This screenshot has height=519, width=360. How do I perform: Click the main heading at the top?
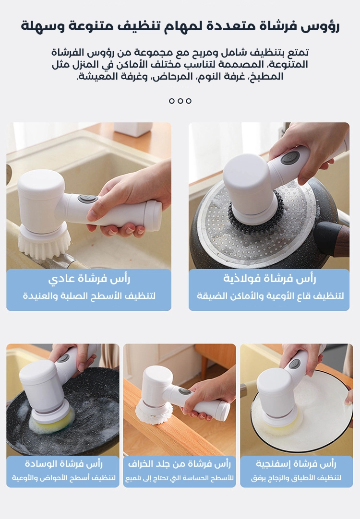pyautogui.click(x=180, y=26)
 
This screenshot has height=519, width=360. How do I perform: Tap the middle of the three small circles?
pyautogui.click(x=180, y=101)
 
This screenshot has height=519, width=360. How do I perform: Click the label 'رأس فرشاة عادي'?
pyautogui.click(x=89, y=279)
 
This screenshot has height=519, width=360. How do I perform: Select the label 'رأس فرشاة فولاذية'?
pyautogui.click(x=269, y=279)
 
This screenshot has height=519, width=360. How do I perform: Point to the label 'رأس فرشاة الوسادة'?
pyautogui.click(x=63, y=464)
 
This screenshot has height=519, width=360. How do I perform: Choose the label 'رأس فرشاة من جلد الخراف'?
pyautogui.click(x=179, y=464)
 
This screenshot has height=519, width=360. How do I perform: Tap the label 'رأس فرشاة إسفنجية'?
pyautogui.click(x=296, y=464)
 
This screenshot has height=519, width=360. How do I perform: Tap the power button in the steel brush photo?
pyautogui.click(x=290, y=157)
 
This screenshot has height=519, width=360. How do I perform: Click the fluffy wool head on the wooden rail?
pyautogui.click(x=154, y=412)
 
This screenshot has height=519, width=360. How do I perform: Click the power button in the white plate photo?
pyautogui.click(x=294, y=364)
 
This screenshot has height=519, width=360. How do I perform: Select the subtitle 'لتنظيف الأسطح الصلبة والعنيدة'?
pyautogui.click(x=89, y=295)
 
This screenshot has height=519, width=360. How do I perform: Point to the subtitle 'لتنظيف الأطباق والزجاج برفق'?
pyautogui.click(x=296, y=478)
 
